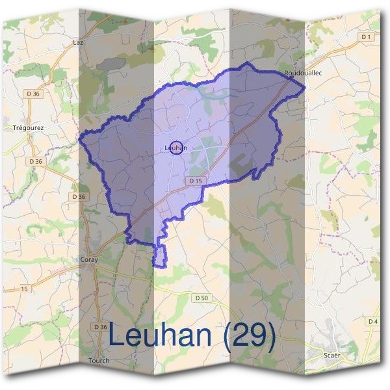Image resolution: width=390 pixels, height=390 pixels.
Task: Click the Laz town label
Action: click(x=79, y=42)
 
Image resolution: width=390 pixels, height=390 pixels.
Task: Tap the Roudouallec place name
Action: click(x=299, y=73)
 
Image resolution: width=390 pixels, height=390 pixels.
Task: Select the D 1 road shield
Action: click(x=367, y=37)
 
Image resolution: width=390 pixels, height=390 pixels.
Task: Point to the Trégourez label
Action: click(x=28, y=128)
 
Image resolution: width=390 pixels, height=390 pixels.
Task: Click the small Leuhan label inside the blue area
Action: click(x=177, y=148)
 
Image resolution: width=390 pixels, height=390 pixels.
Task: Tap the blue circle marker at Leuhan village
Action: click(x=176, y=148)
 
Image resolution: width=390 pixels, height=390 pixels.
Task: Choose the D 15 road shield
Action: click(x=196, y=180)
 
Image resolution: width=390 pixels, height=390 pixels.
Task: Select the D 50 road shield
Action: click(x=202, y=298)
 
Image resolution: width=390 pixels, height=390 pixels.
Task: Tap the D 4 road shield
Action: click(x=372, y=322)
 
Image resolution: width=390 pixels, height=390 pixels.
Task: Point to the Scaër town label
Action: click(x=332, y=356)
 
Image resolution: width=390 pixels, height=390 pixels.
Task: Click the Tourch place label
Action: click(x=99, y=361)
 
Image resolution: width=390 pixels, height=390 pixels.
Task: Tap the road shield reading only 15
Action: click(x=24, y=288)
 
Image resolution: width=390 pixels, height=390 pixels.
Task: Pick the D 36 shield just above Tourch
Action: click(x=99, y=326)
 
